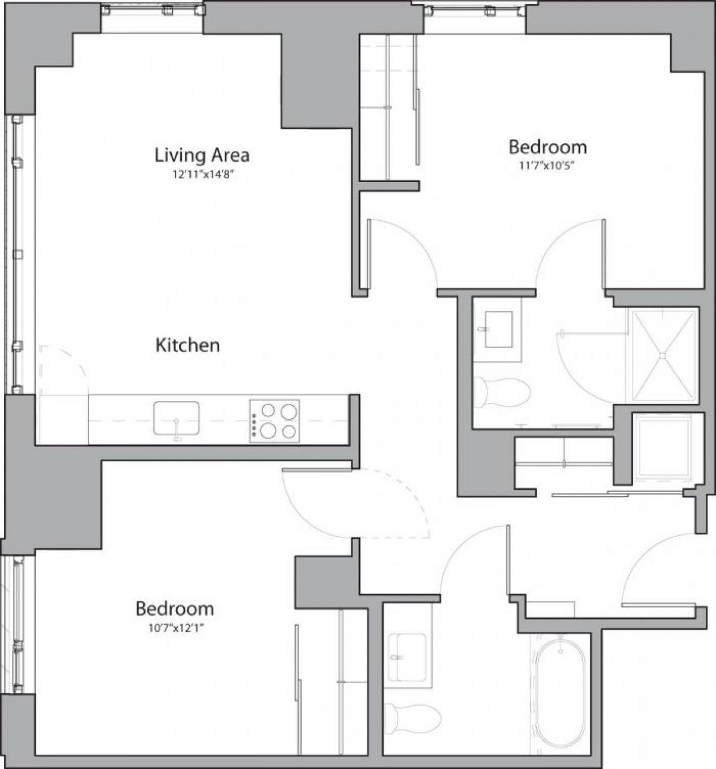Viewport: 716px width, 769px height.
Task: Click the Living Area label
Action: [x=202, y=155]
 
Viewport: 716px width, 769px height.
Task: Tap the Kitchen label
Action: [x=187, y=345]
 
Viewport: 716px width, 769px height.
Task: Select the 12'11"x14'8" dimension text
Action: [x=202, y=175]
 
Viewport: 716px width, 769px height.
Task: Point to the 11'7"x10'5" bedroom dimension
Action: [x=547, y=166]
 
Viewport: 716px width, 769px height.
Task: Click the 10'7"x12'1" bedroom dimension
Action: [x=174, y=628]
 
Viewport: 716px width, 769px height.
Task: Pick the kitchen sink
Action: [x=176, y=418]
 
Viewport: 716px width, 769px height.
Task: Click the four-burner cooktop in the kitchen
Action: [x=274, y=421]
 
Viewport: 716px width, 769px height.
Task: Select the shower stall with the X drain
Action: [x=662, y=355]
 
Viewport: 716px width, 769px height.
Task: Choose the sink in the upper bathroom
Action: [x=498, y=328]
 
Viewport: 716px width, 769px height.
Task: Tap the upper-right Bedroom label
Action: [x=547, y=147]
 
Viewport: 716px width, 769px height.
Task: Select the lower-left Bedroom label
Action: [x=174, y=609]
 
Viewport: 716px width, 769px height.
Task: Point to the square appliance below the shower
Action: [x=662, y=446]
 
